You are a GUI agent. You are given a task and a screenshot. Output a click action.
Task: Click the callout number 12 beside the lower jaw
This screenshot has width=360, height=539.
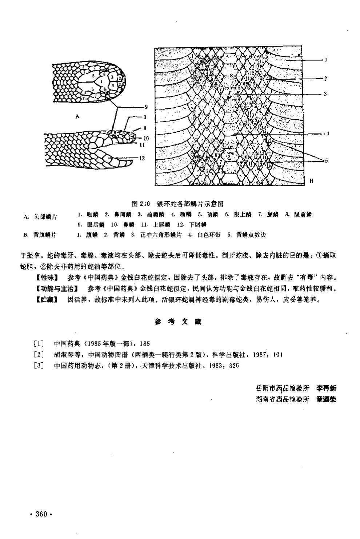click(142, 158)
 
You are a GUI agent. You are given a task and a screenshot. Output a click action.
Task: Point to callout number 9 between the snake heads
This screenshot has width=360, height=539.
click(145, 107)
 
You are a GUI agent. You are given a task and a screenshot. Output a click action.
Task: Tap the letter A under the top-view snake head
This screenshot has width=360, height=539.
click(77, 116)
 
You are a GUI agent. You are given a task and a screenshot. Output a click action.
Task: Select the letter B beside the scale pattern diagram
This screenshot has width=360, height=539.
click(311, 181)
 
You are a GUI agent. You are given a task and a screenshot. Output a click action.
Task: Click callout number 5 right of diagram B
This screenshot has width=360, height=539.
click(326, 160)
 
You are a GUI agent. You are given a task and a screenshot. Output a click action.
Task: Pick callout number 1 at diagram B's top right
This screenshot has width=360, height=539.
click(326, 60)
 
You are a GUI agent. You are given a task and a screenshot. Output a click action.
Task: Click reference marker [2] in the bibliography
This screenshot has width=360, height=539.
click(39, 355)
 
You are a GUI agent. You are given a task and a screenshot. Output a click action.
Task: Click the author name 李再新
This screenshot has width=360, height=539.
click(326, 388)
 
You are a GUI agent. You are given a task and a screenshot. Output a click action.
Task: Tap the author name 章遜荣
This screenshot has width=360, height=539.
click(326, 399)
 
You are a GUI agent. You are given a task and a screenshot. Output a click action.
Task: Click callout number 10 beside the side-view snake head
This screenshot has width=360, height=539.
click(146, 138)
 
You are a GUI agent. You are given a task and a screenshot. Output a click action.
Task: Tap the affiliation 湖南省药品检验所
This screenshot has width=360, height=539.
click(282, 399)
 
